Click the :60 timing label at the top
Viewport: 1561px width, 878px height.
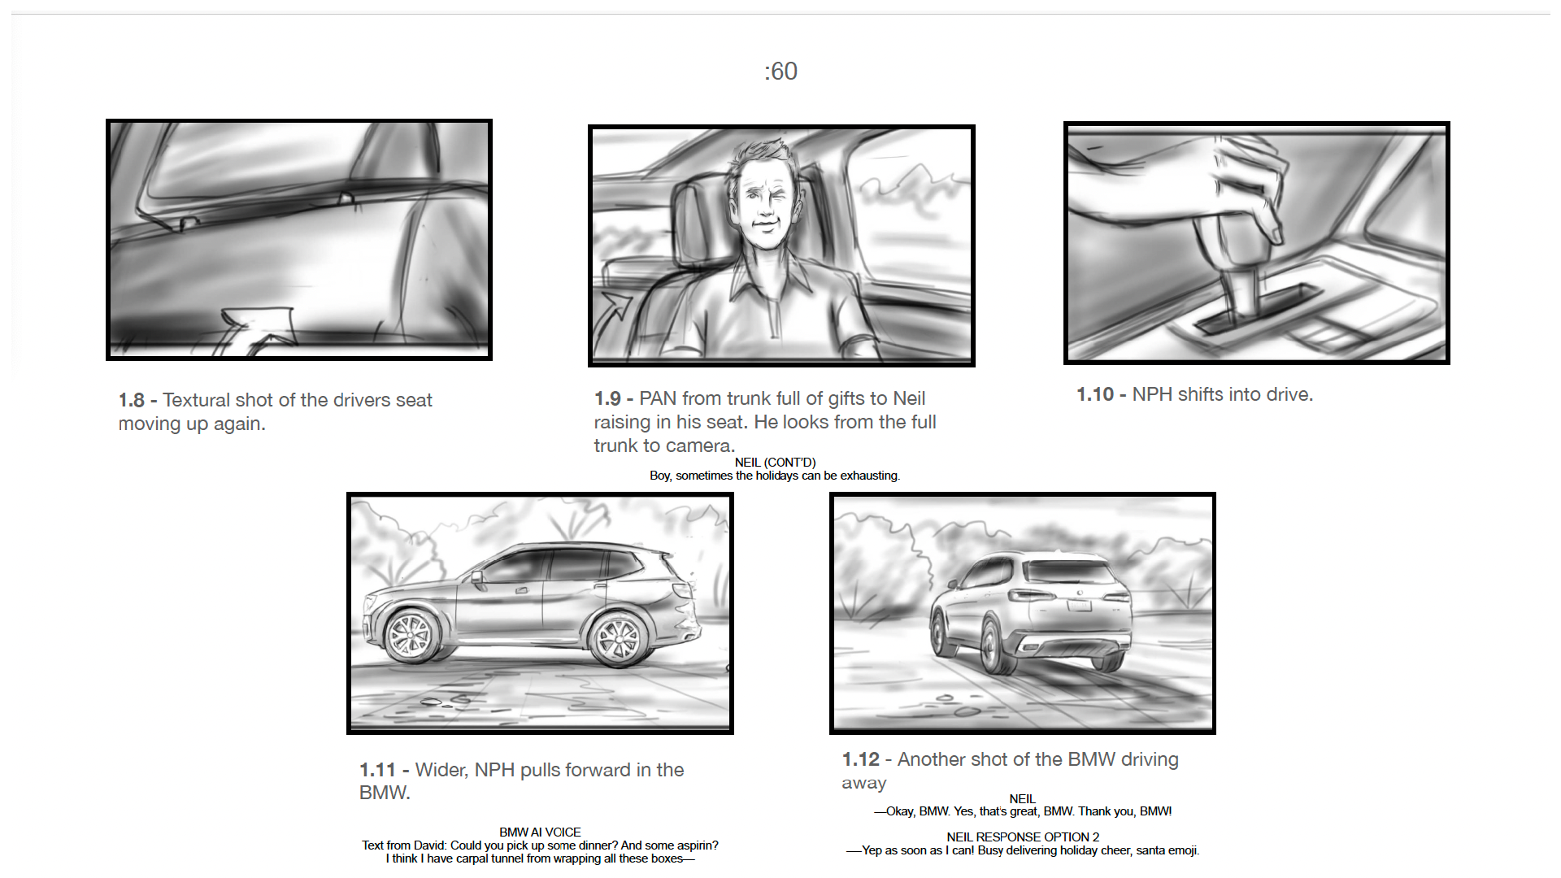(780, 72)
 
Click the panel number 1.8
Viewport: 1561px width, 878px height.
(131, 401)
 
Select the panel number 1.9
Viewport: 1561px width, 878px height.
(607, 399)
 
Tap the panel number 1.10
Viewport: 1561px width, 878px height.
(1095, 395)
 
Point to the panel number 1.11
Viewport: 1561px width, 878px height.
(377, 771)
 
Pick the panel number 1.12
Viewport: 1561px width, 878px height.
(860, 760)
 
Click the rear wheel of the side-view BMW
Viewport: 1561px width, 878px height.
(619, 639)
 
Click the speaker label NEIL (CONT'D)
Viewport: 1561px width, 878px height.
(775, 463)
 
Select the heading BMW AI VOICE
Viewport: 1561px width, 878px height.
(540, 832)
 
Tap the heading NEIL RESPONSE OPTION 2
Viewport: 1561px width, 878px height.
(1023, 837)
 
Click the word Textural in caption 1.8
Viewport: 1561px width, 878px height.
(196, 401)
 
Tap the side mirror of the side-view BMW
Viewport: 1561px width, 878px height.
(478, 579)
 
